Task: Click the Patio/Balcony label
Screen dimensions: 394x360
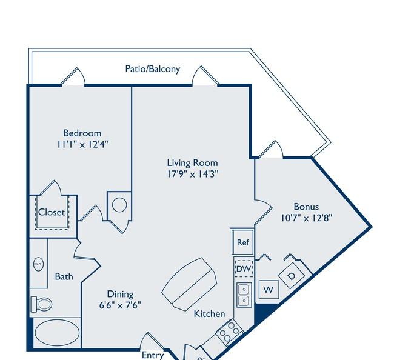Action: tap(153, 69)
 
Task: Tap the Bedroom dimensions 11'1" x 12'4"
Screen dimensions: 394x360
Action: tap(82, 144)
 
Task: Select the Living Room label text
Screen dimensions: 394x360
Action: tap(193, 163)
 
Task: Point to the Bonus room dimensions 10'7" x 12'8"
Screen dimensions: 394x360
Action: tap(307, 218)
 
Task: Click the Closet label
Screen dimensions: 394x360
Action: tap(52, 212)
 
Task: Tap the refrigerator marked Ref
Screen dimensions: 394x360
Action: tap(242, 242)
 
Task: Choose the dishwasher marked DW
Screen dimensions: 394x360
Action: tap(244, 268)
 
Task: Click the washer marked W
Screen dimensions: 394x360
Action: tap(269, 290)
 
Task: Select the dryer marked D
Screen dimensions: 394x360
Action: tap(292, 276)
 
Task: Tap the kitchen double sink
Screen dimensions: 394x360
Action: tap(244, 295)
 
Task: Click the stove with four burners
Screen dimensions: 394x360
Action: tap(229, 332)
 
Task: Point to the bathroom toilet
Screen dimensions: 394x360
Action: tap(41, 304)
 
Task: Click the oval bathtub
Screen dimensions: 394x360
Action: tap(57, 333)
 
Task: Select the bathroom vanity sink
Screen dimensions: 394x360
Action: tap(38, 264)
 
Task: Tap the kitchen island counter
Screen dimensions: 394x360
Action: tap(189, 284)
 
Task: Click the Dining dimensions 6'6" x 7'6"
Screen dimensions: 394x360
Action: tap(120, 305)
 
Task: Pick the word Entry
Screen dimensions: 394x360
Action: tap(153, 355)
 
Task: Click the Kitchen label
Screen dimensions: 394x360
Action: tap(209, 313)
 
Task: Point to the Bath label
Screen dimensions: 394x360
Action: tap(64, 276)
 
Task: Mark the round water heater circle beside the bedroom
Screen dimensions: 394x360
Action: tap(119, 205)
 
